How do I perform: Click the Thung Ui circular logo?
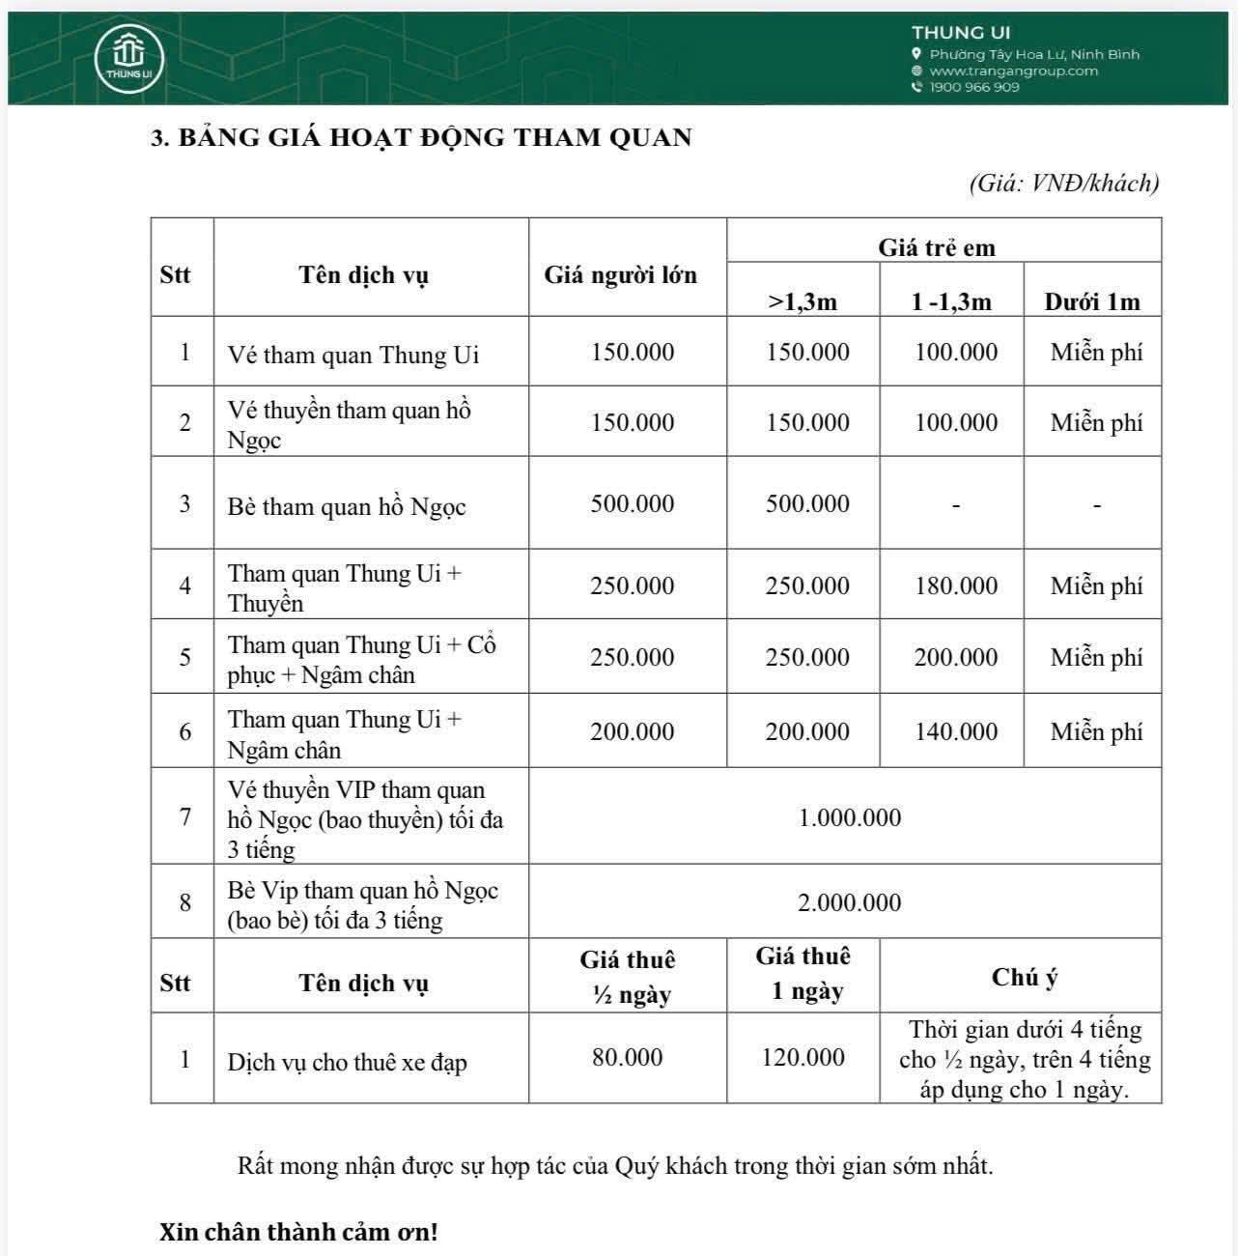click(128, 58)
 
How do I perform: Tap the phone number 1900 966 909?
click(973, 87)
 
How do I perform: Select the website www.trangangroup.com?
click(1013, 71)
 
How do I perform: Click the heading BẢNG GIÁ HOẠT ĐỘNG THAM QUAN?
click(421, 137)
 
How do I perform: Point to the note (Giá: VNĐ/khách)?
click(1063, 183)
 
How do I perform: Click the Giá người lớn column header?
click(620, 275)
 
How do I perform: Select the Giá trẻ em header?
click(936, 247)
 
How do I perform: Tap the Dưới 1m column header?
click(1091, 301)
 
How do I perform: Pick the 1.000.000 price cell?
click(850, 817)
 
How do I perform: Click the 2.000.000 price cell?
click(850, 902)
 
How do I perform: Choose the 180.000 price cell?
click(956, 585)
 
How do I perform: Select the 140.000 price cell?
click(956, 731)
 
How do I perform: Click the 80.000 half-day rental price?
click(628, 1057)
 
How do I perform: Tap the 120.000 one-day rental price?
click(802, 1057)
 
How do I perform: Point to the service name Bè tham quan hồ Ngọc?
click(347, 506)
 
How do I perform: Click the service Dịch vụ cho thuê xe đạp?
click(348, 1063)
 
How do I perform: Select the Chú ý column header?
click(1024, 977)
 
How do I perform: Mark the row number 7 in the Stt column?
click(184, 817)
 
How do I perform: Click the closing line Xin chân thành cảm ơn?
click(298, 1233)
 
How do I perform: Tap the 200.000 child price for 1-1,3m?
click(956, 657)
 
